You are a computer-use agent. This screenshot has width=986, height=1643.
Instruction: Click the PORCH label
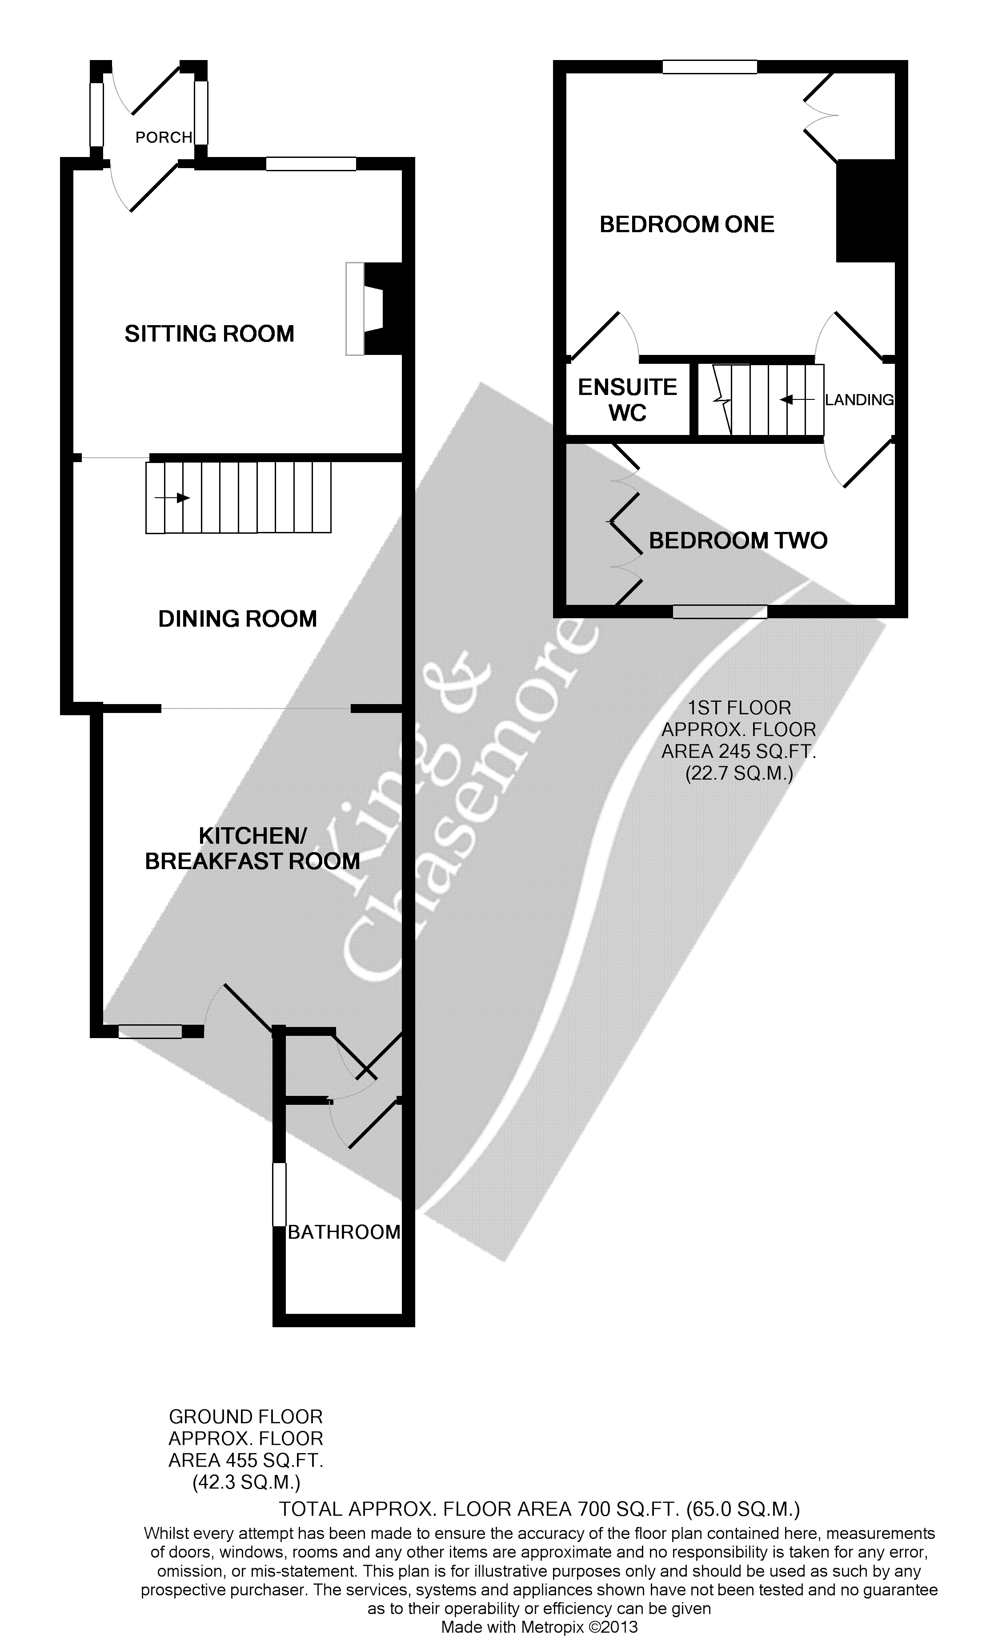[164, 137]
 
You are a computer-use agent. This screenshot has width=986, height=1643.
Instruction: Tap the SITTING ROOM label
[209, 334]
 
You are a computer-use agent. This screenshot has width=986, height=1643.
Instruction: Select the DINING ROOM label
[237, 620]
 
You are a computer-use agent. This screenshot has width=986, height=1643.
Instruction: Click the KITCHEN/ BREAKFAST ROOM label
[253, 848]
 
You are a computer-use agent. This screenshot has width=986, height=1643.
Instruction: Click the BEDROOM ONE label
[687, 225]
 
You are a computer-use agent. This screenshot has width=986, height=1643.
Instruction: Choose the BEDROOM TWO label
[737, 541]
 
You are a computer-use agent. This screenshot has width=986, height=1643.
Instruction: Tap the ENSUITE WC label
[627, 400]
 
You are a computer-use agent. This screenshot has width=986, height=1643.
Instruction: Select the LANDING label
[859, 400]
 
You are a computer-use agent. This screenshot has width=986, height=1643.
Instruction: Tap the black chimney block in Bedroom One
[866, 211]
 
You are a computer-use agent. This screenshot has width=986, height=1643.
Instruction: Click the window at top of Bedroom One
[709, 66]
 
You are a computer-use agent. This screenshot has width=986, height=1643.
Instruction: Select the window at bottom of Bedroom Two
[720, 612]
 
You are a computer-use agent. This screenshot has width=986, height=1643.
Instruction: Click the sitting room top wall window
[311, 164]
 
